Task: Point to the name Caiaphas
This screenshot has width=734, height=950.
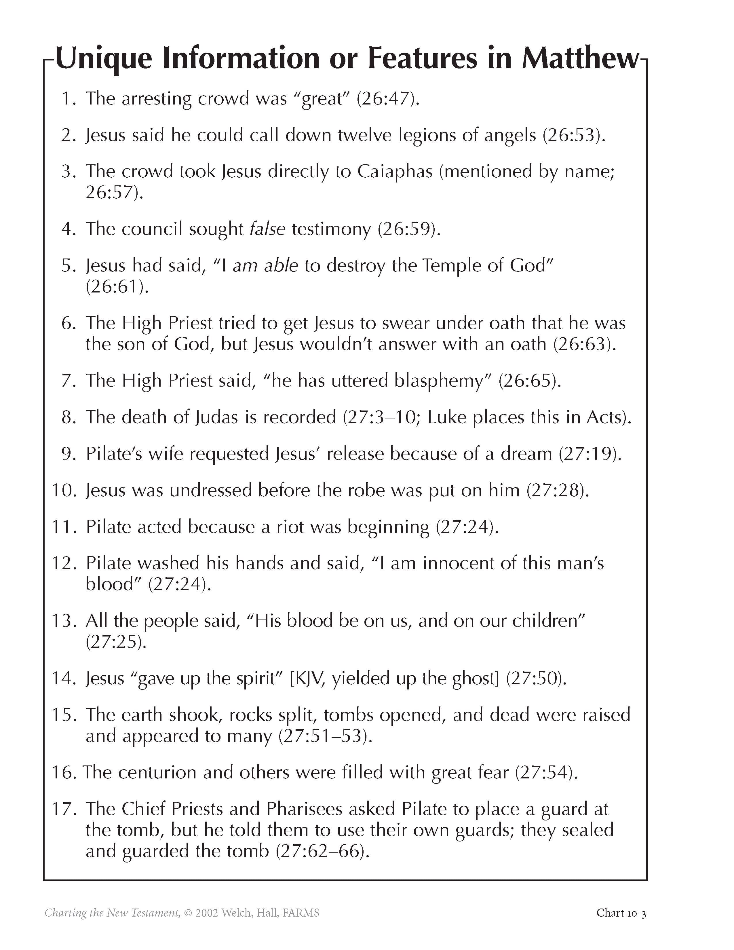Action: coord(395,171)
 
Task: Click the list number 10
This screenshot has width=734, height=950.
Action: coord(65,490)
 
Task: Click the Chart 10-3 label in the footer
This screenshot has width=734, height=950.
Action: coord(621,913)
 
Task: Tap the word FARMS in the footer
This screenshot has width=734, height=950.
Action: coord(301,913)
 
